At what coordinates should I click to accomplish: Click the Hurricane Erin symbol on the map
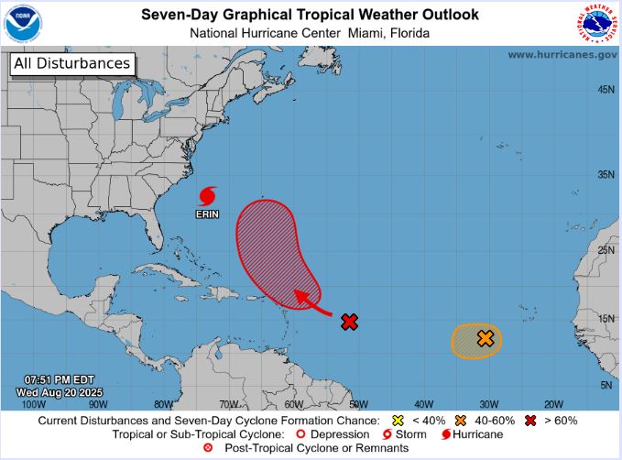[x=208, y=196]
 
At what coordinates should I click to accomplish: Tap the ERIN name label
[x=208, y=214]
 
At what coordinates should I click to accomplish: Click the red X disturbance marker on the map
[x=349, y=322]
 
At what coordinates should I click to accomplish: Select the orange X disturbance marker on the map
[x=486, y=338]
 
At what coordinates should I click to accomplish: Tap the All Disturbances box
[x=71, y=64]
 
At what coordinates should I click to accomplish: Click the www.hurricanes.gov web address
[x=562, y=55]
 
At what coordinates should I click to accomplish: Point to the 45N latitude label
[x=606, y=90]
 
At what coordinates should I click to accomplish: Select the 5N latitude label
[x=606, y=386]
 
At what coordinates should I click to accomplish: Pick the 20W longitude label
[x=553, y=404]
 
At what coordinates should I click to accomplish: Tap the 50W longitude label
[x=358, y=404]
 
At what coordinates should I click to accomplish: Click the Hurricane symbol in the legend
[x=447, y=434]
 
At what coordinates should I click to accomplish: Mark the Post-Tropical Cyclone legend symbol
[x=208, y=448]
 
